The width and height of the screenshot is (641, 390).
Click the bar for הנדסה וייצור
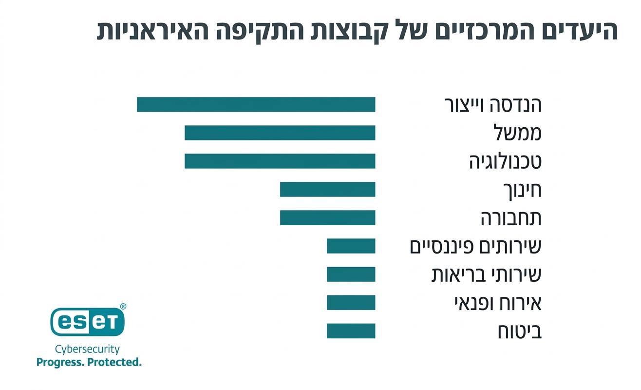tap(256, 105)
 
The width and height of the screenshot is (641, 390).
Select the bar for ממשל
tap(280, 133)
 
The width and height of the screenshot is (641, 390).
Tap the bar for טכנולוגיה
tap(280, 161)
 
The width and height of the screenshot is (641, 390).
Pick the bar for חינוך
tap(327, 190)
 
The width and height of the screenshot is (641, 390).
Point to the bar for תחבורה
tap(327, 218)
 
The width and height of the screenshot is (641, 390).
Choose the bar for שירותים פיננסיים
tap(351, 246)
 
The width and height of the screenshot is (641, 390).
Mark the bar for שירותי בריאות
tap(351, 274)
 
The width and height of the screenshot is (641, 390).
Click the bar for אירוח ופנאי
tap(351, 303)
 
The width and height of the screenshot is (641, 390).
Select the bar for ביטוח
tap(351, 331)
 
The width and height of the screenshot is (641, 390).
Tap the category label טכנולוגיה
tap(505, 162)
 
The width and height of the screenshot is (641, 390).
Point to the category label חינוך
tap(522, 191)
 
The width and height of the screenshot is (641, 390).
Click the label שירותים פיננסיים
tap(475, 247)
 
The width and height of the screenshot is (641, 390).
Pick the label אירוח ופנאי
tap(497, 303)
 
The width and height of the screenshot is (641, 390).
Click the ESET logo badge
tap(88, 321)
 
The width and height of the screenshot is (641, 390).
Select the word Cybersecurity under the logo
tap(87, 350)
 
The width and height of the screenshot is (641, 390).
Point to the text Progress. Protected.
tap(89, 362)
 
